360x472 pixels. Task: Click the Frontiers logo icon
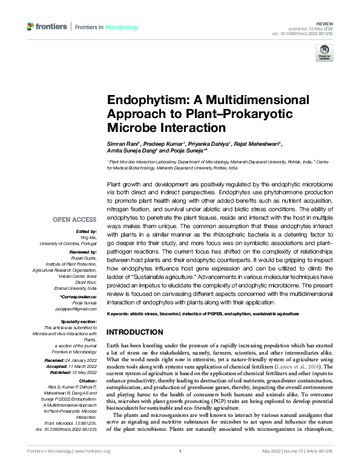tap(31, 26)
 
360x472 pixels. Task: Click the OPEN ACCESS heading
tap(74, 219)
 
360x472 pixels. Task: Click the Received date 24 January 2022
tap(82, 360)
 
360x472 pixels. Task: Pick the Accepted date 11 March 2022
tap(82, 366)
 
